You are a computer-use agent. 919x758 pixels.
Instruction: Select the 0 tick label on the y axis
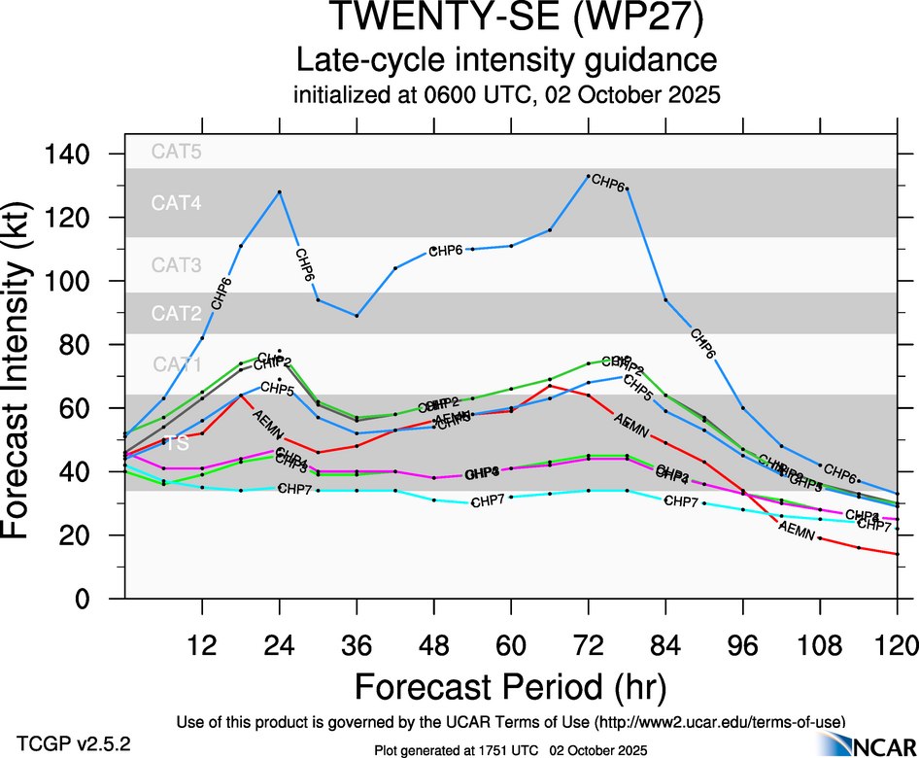pos(85,599)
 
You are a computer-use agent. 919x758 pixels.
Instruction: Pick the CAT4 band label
pos(177,203)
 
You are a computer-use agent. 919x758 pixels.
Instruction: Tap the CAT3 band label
pos(177,265)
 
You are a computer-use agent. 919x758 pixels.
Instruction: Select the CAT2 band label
pos(177,313)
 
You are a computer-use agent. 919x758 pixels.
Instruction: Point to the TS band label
pos(177,443)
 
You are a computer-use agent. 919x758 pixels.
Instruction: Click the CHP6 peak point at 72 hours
pos(588,177)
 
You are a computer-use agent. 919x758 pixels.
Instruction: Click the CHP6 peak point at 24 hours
pos(280,191)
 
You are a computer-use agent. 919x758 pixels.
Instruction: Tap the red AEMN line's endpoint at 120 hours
pos(897,554)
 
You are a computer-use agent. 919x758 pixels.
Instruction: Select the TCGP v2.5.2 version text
pos(74,743)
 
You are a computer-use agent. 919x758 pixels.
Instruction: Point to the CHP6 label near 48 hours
pos(445,251)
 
